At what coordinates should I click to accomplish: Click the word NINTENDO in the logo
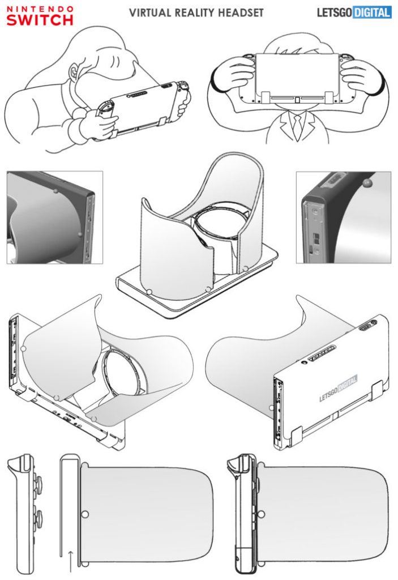point(40,9)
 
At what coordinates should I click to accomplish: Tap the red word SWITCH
point(40,20)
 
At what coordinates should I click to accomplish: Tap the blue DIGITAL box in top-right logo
point(371,12)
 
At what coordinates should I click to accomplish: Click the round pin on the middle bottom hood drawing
point(85,515)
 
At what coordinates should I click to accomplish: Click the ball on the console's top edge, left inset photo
point(55,191)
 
